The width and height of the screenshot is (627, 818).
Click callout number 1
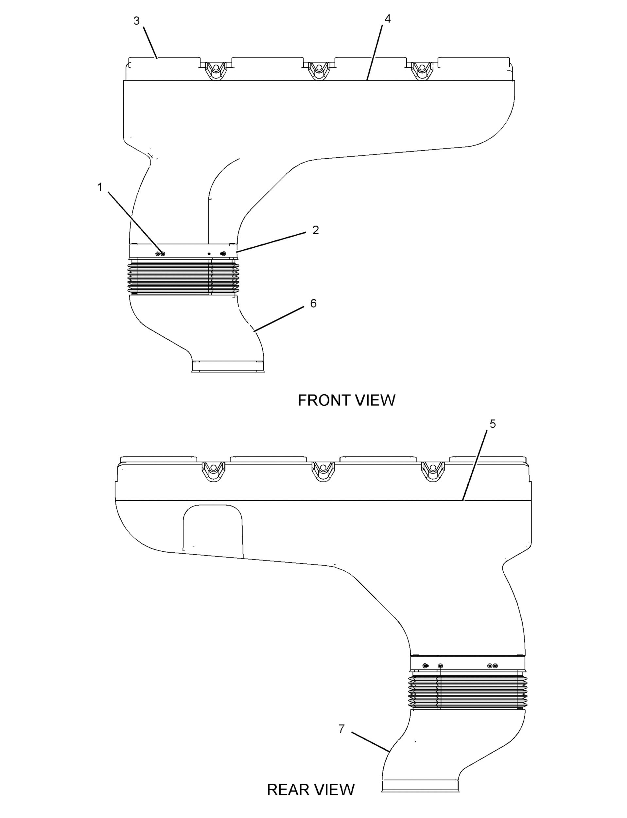tap(100, 187)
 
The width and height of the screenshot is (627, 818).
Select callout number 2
tap(315, 230)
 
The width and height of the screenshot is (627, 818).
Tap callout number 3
tap(137, 21)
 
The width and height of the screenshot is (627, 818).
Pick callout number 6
tap(313, 304)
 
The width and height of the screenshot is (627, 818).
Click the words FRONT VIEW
tap(346, 400)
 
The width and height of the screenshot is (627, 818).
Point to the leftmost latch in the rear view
tap(213, 472)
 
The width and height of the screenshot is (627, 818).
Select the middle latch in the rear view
tap(323, 472)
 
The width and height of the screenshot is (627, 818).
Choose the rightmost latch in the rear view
tap(433, 472)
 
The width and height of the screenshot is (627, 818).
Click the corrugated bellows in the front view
tap(183, 278)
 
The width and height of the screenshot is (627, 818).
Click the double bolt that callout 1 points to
tap(160, 254)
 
